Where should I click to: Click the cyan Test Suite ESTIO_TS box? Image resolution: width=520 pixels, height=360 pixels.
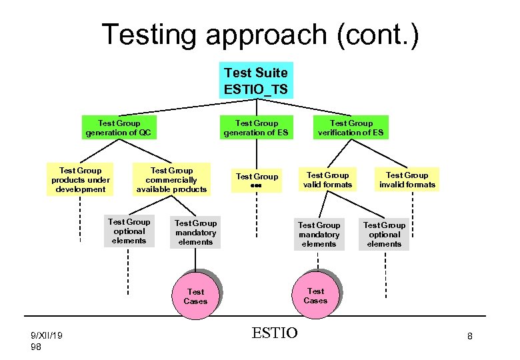coord(256,80)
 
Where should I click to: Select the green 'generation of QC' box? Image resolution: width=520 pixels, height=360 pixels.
coord(119,127)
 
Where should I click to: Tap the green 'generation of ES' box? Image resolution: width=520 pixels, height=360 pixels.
coord(256,127)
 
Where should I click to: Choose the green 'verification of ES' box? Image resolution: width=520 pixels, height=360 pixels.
coord(351,127)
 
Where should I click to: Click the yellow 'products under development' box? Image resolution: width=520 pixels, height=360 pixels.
coord(80,180)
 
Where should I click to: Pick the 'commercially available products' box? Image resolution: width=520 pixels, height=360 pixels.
coord(172,180)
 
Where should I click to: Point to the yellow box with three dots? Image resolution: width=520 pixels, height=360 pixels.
coord(257,180)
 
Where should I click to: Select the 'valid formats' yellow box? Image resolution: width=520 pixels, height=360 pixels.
coord(327,180)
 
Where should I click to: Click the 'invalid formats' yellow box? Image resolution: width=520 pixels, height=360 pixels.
coord(407,180)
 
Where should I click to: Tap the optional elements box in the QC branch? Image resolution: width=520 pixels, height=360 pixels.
coord(129,231)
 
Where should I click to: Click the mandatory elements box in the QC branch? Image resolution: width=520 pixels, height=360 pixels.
coord(196,233)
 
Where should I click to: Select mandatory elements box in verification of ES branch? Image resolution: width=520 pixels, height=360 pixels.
coord(319,235)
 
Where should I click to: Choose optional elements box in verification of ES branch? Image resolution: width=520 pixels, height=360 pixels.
coord(385,235)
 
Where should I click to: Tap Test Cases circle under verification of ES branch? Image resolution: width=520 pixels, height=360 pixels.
coord(315,295)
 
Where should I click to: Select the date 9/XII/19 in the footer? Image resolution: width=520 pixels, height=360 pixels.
coord(47,336)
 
